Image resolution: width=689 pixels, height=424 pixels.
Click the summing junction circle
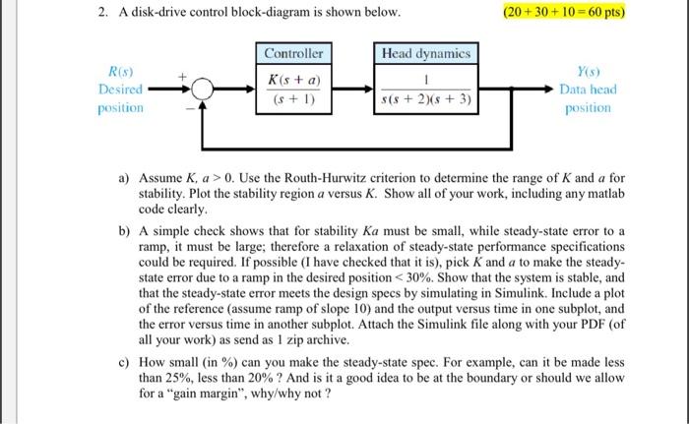201,90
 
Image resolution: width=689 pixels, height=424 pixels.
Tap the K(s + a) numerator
294,79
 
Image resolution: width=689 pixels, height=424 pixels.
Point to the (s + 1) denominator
294,99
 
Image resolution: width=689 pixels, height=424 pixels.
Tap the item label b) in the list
125,229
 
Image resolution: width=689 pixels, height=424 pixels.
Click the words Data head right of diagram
589,89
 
